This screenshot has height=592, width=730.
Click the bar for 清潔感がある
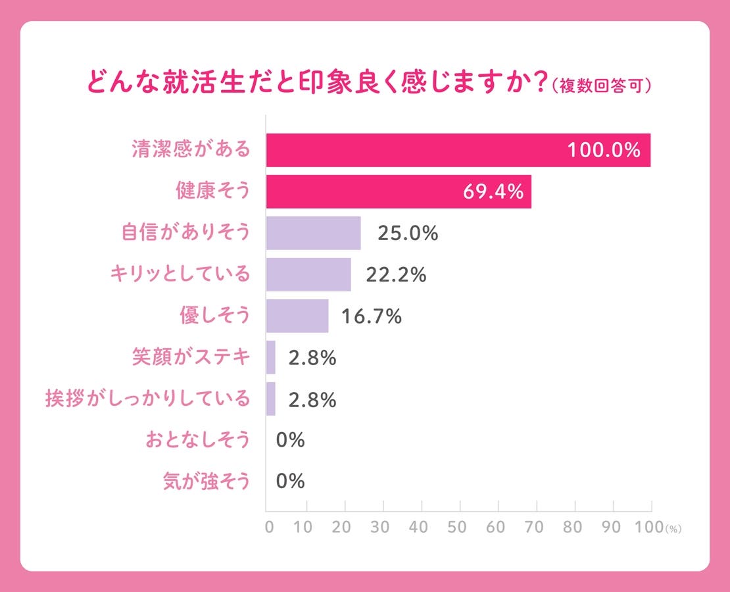point(458,150)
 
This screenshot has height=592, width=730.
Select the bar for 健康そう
point(399,191)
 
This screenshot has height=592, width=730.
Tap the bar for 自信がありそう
point(313,233)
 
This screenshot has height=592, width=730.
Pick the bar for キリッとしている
point(308,274)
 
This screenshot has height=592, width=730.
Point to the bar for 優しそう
point(297,316)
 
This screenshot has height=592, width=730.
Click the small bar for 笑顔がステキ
point(271,357)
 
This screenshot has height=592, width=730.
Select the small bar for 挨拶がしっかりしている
point(271,399)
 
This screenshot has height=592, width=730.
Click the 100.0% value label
point(604,151)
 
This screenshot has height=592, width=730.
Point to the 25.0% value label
point(408,234)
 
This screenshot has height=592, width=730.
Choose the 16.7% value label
point(371,316)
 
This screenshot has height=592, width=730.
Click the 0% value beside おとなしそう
point(290,440)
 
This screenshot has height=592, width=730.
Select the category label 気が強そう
point(207,481)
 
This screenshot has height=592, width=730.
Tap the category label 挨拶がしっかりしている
point(148,399)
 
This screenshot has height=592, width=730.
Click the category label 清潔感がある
point(190,150)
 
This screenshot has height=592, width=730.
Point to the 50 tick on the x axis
point(457,528)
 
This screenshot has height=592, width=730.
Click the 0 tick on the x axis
point(269,528)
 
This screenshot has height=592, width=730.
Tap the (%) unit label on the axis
point(674,529)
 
